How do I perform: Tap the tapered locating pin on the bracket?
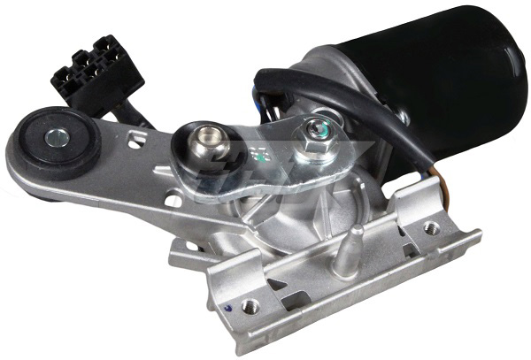point(356,239)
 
